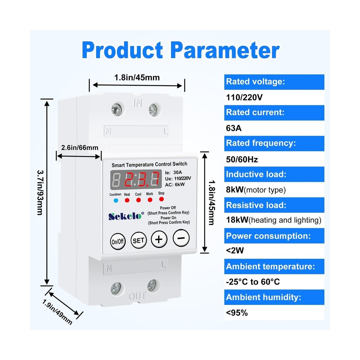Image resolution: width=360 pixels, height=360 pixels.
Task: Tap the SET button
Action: (x=138, y=240)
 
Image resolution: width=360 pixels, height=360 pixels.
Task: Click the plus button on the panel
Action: (x=159, y=239)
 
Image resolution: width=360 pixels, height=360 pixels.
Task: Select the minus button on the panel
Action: (x=181, y=238)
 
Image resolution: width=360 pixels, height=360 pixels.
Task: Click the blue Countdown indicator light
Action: (x=116, y=200)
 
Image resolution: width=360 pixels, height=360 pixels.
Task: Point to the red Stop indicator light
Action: (x=161, y=199)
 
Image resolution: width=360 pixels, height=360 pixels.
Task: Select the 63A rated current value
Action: (x=233, y=128)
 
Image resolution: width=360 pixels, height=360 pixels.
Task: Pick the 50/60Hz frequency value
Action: (x=242, y=159)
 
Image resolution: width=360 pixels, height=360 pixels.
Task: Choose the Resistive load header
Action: (x=256, y=205)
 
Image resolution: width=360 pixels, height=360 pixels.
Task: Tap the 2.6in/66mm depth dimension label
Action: (x=80, y=148)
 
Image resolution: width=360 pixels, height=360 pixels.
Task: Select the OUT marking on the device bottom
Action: (x=138, y=296)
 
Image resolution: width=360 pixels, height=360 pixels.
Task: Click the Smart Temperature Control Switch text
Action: (x=149, y=164)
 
